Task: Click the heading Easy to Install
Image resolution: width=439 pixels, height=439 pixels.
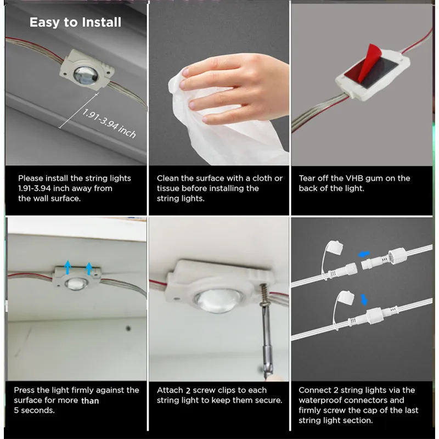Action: [75, 22]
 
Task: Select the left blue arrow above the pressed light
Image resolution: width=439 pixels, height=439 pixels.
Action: [67, 267]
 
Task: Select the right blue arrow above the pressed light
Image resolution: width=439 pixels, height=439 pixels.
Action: [89, 268]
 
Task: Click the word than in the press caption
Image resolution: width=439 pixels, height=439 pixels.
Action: [90, 401]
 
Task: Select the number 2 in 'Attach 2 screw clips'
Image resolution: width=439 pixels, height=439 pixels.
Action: [188, 390]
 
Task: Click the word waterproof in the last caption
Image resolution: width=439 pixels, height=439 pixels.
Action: [319, 400]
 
